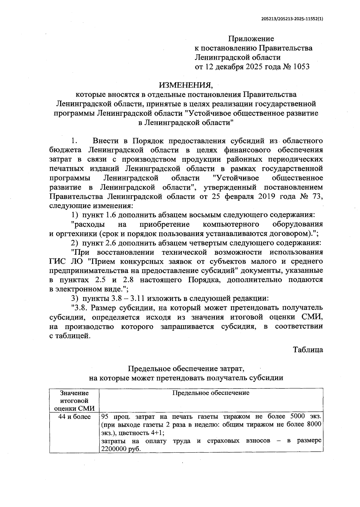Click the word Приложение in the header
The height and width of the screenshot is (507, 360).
coord(251,39)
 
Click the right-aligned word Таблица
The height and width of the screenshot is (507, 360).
coord(308,349)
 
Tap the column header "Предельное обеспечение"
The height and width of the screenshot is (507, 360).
coord(211,393)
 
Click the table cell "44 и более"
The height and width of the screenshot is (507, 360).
coord(74,417)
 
